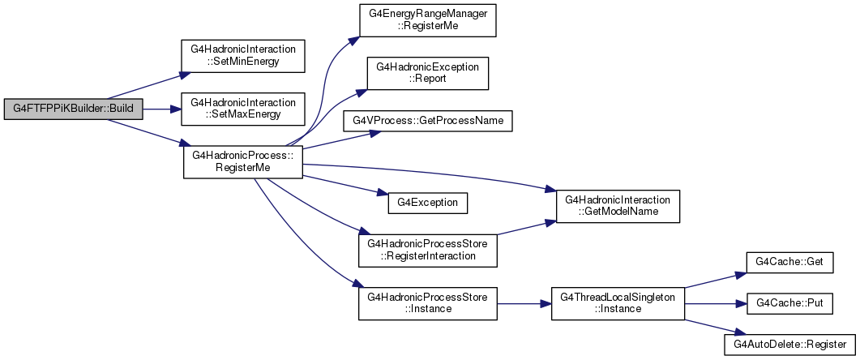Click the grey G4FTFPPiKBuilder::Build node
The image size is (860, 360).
click(x=73, y=109)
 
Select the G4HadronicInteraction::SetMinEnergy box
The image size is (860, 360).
click(x=243, y=55)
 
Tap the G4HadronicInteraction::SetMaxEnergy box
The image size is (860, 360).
click(x=243, y=109)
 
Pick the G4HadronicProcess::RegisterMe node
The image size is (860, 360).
click(x=243, y=162)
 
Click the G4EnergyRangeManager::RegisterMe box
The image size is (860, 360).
click(x=427, y=20)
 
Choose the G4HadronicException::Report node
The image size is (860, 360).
click(x=427, y=74)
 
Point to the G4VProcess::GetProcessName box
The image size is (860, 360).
click(x=427, y=120)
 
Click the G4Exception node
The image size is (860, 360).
click(x=427, y=203)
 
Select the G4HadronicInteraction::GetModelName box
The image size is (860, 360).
click(x=618, y=206)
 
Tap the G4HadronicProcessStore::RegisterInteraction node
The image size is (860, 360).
click(x=427, y=251)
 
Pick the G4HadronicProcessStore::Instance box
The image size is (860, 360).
click(x=427, y=304)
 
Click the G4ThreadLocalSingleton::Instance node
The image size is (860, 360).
click(x=618, y=304)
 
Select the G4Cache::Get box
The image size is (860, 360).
click(x=789, y=264)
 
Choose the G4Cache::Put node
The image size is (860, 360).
click(x=789, y=304)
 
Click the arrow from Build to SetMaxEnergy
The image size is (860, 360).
click(x=162, y=109)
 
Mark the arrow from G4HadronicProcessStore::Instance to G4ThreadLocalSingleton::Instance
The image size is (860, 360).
click(x=524, y=304)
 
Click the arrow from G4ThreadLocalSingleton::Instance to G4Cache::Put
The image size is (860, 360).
click(x=716, y=304)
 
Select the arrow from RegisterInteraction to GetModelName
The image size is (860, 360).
click(x=527, y=229)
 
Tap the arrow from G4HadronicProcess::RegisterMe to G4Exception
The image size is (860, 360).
click(x=345, y=186)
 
